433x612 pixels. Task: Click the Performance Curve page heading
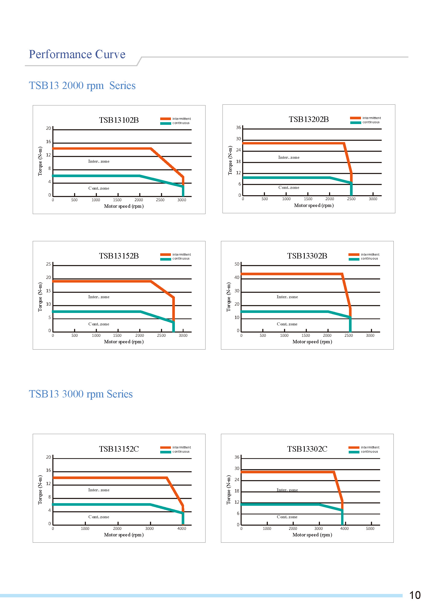[77, 54]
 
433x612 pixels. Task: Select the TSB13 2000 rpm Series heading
[82, 86]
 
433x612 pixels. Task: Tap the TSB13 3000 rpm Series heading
[81, 394]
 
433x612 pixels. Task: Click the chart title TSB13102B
[119, 120]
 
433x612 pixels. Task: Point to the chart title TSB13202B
[309, 119]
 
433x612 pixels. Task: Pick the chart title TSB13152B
[119, 256]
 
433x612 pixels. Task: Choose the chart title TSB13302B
[307, 256]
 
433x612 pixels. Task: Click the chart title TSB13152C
[119, 449]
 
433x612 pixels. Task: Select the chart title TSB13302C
[307, 449]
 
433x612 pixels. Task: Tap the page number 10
[415, 595]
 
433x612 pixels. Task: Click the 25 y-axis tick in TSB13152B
[48, 264]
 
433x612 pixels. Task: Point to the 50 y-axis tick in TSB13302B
[237, 264]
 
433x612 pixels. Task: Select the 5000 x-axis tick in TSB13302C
[370, 529]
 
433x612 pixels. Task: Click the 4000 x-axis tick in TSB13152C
[182, 529]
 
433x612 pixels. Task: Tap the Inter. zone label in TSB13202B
[289, 158]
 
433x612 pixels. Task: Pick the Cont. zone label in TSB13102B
[99, 188]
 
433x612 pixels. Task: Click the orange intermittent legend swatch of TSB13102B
[165, 119]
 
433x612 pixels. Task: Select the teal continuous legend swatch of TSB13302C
[354, 452]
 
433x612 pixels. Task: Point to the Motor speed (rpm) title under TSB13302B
[312, 342]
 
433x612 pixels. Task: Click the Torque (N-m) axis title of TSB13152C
[40, 490]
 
